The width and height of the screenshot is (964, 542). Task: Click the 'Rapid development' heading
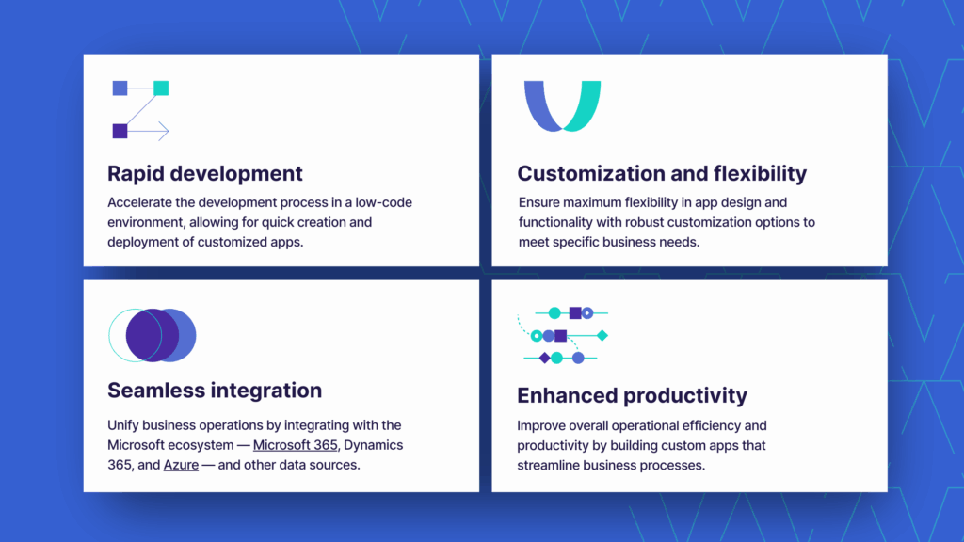tap(204, 174)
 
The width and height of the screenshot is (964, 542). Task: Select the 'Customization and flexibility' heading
tap(662, 174)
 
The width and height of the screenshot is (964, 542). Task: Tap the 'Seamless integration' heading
tap(215, 391)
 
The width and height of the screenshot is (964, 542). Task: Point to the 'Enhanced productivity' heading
tap(632, 396)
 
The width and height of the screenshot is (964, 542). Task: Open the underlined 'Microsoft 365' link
tap(295, 445)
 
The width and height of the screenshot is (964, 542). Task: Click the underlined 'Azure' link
tap(181, 465)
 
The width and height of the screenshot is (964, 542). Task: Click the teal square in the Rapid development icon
tap(161, 88)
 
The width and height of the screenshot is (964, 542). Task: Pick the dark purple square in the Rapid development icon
tap(120, 131)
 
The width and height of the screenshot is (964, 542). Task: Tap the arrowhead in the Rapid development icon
tap(164, 131)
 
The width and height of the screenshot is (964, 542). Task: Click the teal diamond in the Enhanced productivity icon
tap(602, 336)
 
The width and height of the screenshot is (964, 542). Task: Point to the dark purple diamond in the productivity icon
tap(544, 359)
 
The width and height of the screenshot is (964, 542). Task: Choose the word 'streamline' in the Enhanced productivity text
tap(549, 465)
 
